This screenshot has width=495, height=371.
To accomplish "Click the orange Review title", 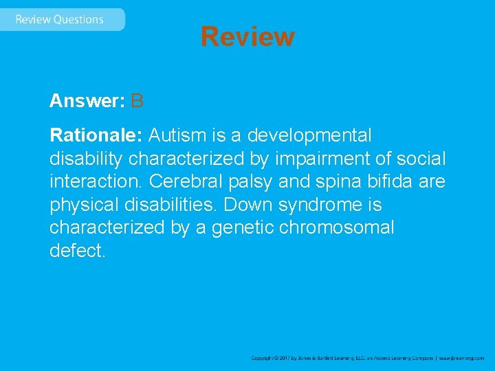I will pos(247,36).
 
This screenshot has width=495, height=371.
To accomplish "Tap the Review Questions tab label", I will pos(59,19).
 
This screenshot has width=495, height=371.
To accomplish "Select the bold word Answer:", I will pos(87,102).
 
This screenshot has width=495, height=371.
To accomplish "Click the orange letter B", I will pos(137,102).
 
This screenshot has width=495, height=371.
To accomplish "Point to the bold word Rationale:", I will pos(96,135).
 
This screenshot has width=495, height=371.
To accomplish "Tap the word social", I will pos(421,159).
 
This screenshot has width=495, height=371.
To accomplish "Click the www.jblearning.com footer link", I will pos(461,358).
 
